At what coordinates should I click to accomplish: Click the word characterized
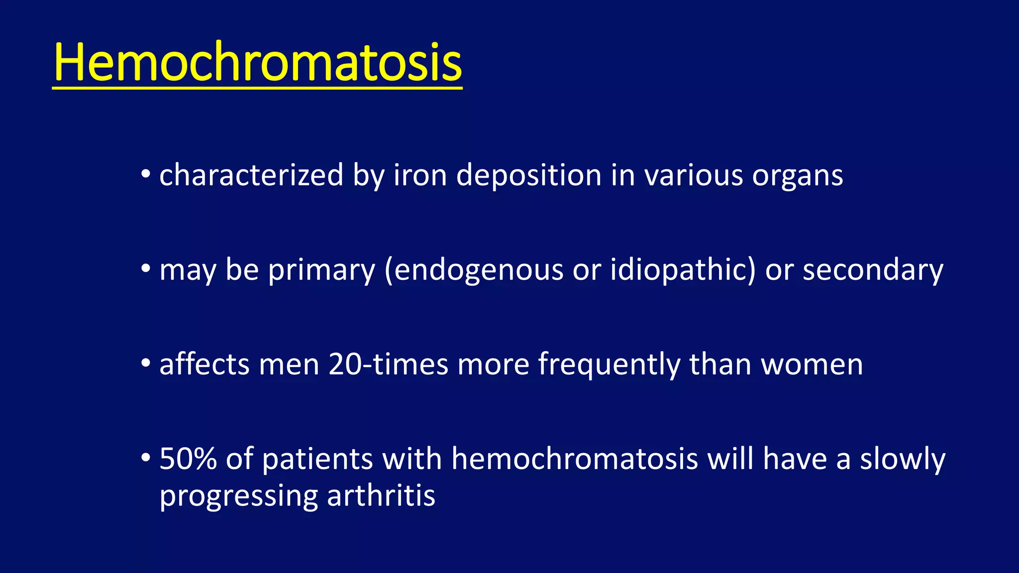pos(251,175)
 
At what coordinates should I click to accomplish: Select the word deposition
pos(528,176)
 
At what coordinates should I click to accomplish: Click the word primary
pos(321,271)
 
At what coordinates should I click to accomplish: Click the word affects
pos(204,364)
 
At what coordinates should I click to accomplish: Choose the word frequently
pos(609,365)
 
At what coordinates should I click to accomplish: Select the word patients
pos(317,459)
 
